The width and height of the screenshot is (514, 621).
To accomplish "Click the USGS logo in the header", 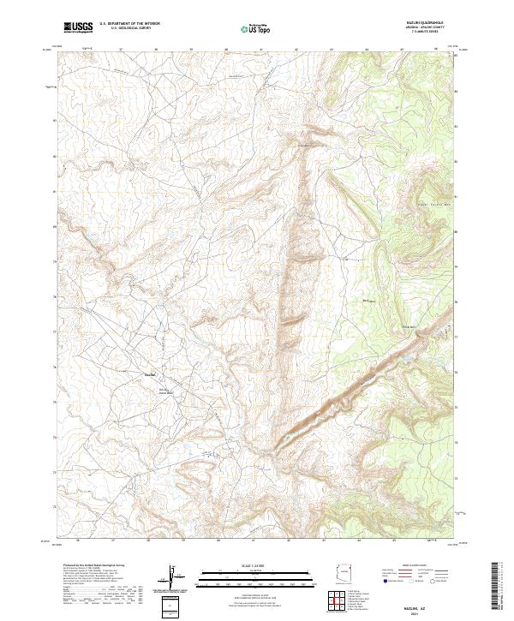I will click(78, 27).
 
